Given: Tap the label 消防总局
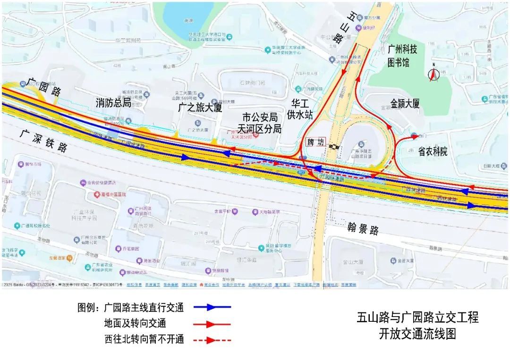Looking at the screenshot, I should pos(113,102).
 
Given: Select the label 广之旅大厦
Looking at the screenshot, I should pos(200,108).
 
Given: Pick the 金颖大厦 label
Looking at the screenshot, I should pos(405,104).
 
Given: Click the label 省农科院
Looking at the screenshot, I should pos(432,151).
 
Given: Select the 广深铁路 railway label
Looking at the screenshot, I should pos(44,140).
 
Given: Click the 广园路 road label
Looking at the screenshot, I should pos(43,86).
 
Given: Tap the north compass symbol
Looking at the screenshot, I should pos(433,74).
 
